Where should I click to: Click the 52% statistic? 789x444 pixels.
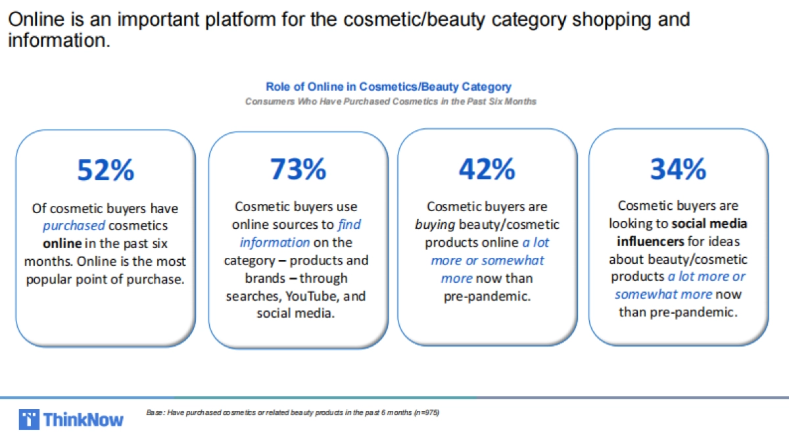pyautogui.click(x=106, y=170)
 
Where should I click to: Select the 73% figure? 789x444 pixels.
pyautogui.click(x=298, y=169)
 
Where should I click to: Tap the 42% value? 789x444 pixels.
pyautogui.click(x=487, y=169)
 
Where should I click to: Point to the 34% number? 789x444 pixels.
pyautogui.click(x=678, y=169)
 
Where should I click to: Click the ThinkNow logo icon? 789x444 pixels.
pyautogui.click(x=29, y=420)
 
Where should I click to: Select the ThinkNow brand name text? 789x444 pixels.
pyautogui.click(x=84, y=420)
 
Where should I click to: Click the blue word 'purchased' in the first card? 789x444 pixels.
pyautogui.click(x=74, y=226)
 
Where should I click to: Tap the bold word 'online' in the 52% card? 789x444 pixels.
pyautogui.click(x=62, y=243)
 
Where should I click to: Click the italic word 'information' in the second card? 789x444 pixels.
pyautogui.click(x=275, y=243)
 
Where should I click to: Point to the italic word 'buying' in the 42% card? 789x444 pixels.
pyautogui.click(x=435, y=225)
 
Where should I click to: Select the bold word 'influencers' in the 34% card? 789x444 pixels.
pyautogui.click(x=650, y=241)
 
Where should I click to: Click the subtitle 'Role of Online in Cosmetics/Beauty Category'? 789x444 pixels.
pyautogui.click(x=389, y=86)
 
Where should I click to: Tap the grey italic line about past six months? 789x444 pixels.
pyautogui.click(x=391, y=101)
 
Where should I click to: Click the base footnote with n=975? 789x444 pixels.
pyautogui.click(x=293, y=412)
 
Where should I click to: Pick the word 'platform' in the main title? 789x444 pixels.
pyautogui.click(x=240, y=20)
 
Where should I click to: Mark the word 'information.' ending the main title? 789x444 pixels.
pyautogui.click(x=59, y=40)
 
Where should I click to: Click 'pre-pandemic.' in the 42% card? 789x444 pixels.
pyautogui.click(x=487, y=297)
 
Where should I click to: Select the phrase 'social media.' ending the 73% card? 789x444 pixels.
pyautogui.click(x=295, y=313)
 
